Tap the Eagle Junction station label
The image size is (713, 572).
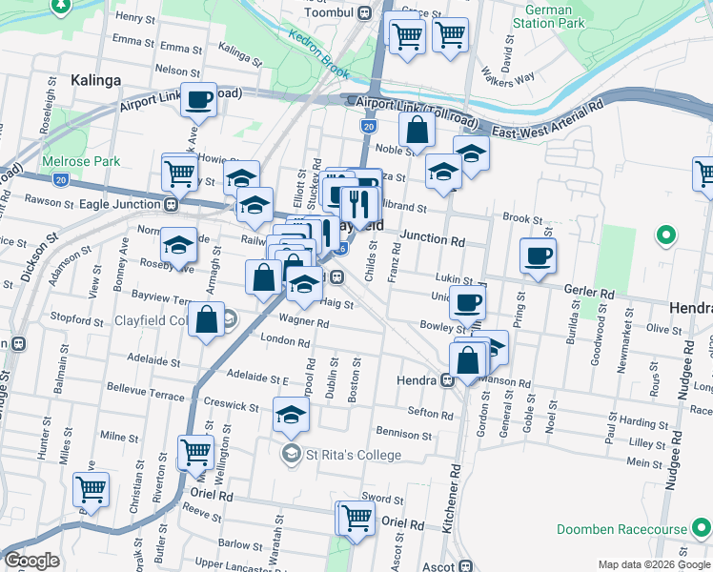click(x=116, y=203)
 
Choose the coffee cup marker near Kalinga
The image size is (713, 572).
click(x=198, y=99)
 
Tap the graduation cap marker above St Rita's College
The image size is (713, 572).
click(x=292, y=414)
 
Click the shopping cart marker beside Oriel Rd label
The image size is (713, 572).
click(x=356, y=519)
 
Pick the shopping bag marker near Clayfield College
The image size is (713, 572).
click(x=207, y=319)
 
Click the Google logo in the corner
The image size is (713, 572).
click(x=31, y=561)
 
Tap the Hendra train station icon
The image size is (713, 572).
click(x=446, y=381)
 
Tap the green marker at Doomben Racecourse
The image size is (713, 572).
click(x=701, y=528)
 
